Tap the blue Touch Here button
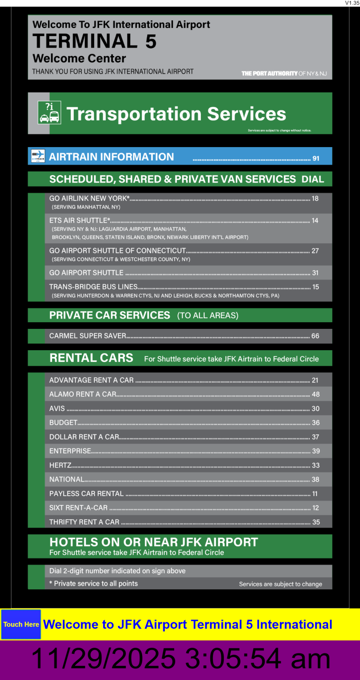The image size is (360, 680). (x=21, y=624)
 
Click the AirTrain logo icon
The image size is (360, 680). (x=38, y=156)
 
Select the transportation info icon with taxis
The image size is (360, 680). (x=49, y=113)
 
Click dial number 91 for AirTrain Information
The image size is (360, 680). (x=316, y=158)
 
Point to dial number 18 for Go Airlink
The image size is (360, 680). (x=315, y=199)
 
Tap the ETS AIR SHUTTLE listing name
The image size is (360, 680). (x=80, y=220)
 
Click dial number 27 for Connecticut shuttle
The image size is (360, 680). (x=315, y=251)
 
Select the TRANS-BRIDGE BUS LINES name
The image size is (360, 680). (x=93, y=287)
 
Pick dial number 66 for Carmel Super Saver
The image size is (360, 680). (x=315, y=336)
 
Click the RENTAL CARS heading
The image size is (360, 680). (x=91, y=358)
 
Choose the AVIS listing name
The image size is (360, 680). (x=57, y=408)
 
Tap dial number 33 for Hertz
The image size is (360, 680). (x=316, y=465)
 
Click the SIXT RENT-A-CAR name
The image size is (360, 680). (x=78, y=508)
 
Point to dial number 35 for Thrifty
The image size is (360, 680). (x=316, y=522)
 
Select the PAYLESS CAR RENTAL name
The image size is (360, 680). (x=86, y=493)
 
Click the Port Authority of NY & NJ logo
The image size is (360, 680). (x=284, y=73)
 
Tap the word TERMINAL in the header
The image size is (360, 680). (x=85, y=41)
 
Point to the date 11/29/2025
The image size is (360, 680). (x=103, y=659)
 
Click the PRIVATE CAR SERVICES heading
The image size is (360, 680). (x=109, y=315)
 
